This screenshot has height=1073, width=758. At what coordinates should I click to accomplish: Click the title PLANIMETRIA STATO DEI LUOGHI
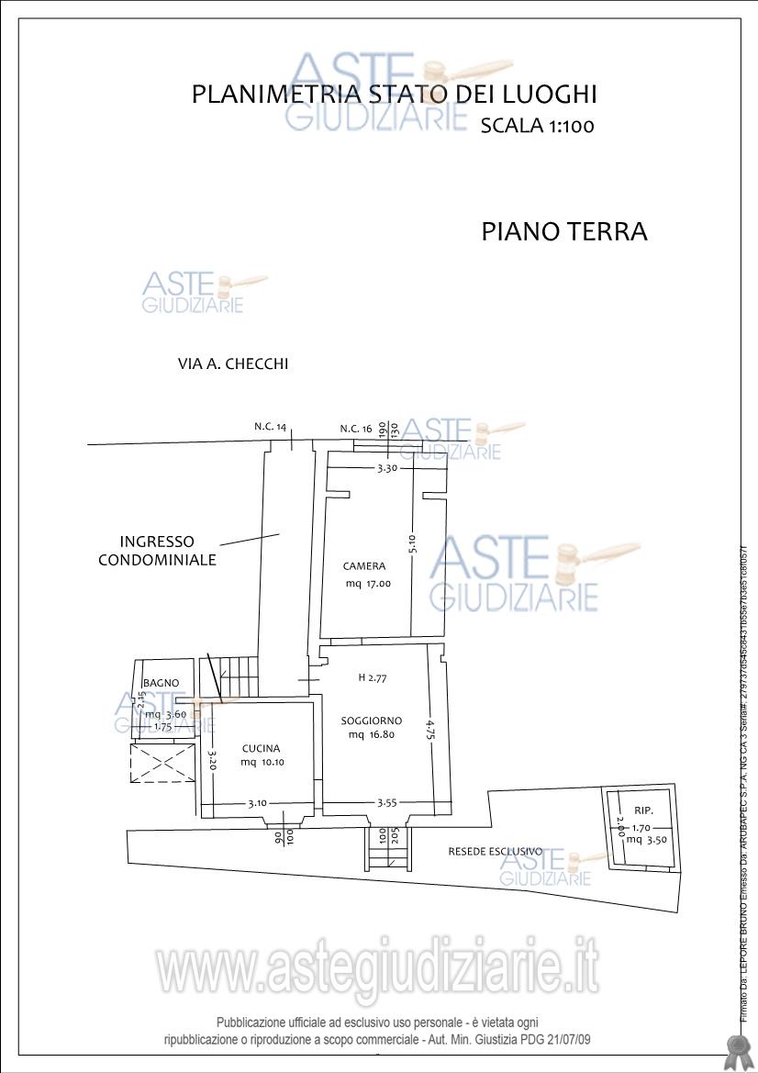pyautogui.click(x=395, y=95)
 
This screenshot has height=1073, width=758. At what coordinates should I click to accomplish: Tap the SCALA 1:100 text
pyautogui.click(x=537, y=127)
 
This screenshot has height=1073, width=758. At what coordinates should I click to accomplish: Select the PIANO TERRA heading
pyautogui.click(x=564, y=231)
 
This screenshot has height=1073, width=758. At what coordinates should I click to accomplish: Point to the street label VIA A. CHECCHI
pyautogui.click(x=233, y=363)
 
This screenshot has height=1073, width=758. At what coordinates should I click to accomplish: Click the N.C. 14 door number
pyautogui.click(x=271, y=427)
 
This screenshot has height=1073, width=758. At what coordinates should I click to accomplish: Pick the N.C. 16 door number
pyautogui.click(x=356, y=429)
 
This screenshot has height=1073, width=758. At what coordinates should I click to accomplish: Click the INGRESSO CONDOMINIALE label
pyautogui.click(x=157, y=551)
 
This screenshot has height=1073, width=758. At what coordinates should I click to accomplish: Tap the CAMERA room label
pyautogui.click(x=364, y=566)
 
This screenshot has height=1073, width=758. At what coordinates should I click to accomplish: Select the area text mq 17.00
pyautogui.click(x=368, y=584)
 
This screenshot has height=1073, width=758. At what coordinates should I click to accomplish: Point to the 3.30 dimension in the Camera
pyautogui.click(x=388, y=468)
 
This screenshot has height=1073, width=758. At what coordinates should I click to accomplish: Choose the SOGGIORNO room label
pyautogui.click(x=372, y=721)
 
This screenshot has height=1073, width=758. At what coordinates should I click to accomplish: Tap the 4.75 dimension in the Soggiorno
pyautogui.click(x=429, y=729)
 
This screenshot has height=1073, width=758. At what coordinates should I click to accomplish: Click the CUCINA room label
pyautogui.click(x=262, y=748)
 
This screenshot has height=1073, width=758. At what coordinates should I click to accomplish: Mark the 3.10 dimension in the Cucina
pyautogui.click(x=258, y=804)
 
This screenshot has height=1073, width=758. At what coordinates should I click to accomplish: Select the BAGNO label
pyautogui.click(x=161, y=683)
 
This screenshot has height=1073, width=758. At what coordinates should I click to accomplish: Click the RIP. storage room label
pyautogui.click(x=643, y=810)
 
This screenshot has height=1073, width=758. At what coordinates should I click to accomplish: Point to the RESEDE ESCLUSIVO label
pyautogui.click(x=496, y=852)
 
